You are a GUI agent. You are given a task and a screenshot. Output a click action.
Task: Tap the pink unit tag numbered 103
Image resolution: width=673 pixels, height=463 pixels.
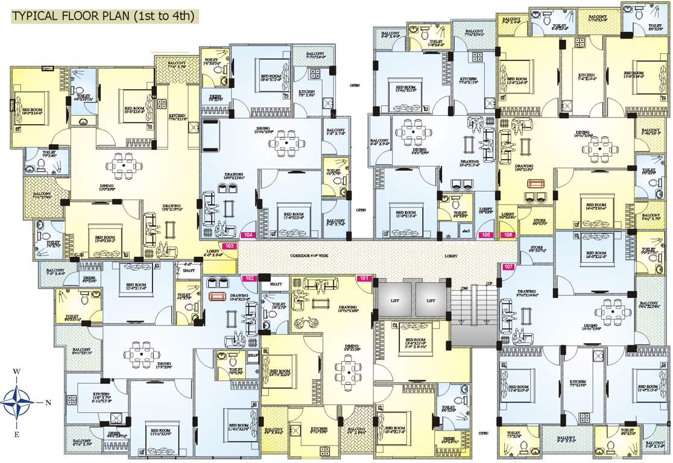click(229, 246)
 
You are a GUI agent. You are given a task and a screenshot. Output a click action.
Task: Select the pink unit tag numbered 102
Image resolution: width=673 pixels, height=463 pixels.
click(250, 279)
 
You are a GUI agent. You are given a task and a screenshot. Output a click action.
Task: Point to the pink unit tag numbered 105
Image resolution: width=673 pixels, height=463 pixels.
click(486, 236)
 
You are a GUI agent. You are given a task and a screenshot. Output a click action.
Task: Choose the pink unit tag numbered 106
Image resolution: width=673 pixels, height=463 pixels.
click(508, 236)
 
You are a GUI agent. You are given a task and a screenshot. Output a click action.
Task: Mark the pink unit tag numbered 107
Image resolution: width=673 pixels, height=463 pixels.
click(508, 266)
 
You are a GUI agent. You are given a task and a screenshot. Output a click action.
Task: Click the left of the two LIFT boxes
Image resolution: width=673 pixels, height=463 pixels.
click(394, 300)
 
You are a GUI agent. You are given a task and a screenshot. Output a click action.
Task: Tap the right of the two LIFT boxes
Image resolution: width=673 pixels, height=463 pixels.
click(431, 300)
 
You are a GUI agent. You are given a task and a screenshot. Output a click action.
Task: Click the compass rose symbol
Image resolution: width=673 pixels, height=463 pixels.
click(17, 400)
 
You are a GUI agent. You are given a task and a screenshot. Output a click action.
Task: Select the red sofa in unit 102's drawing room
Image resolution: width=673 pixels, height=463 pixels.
click(216, 296)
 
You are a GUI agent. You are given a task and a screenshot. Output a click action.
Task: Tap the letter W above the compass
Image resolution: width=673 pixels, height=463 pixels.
click(17, 371)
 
